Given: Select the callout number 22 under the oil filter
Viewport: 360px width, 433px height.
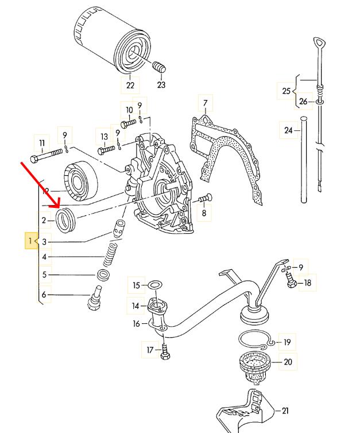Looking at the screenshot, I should coord(130,85).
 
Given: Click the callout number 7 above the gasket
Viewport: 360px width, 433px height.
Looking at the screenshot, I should coord(204,104).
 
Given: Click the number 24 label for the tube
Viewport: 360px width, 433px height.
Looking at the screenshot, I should coord(288,130).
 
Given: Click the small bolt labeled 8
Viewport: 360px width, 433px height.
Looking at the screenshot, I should coord(204,199).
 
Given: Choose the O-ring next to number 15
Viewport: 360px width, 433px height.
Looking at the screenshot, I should coord(154,285).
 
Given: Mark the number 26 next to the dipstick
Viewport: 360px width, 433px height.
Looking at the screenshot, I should coord(304,102).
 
